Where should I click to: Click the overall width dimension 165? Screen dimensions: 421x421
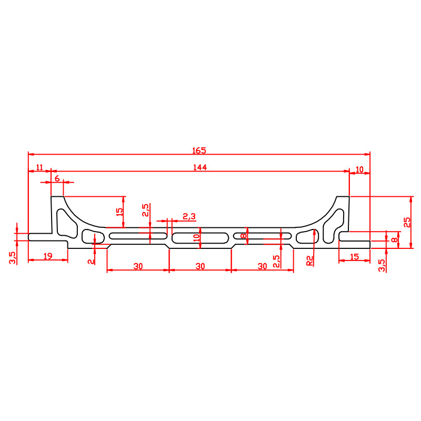[199, 151]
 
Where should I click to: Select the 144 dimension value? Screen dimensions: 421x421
[200, 167]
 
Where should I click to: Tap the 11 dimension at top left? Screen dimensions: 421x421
[39, 167]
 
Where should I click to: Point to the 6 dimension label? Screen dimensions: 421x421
[57, 178]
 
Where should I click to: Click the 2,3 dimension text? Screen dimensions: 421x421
[189, 216]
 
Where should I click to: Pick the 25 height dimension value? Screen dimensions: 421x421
[407, 222]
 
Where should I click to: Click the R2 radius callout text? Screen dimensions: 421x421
[309, 260]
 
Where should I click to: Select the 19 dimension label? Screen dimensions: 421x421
[48, 256]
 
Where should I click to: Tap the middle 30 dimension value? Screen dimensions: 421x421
[200, 266]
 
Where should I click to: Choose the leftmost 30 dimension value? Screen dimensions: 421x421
[138, 266]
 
